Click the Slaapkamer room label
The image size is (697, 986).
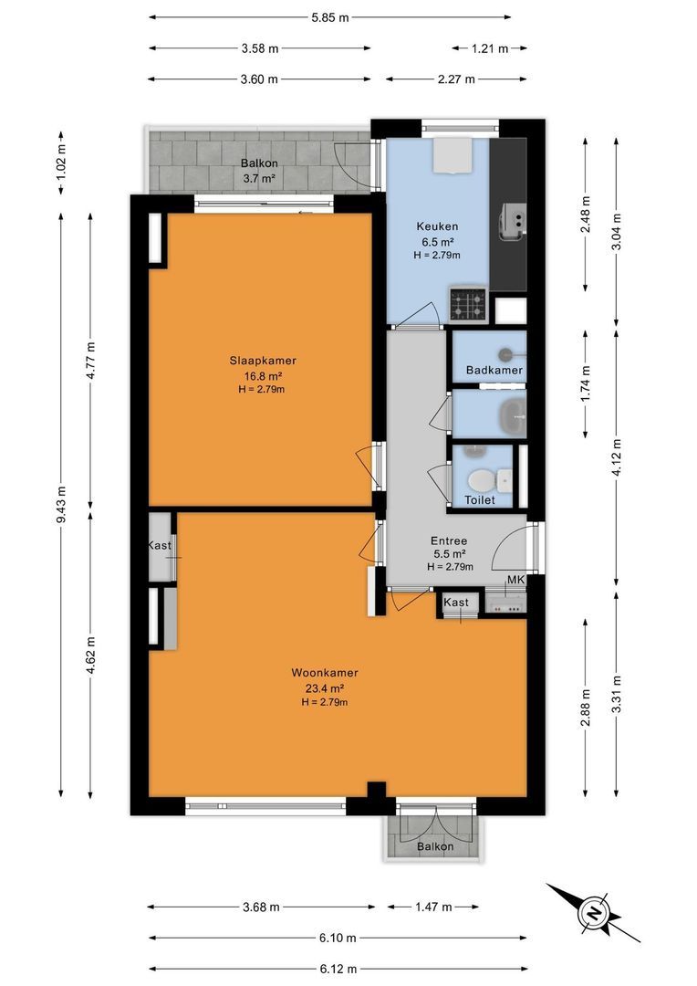tap(263, 361)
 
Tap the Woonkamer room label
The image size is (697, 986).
tap(324, 673)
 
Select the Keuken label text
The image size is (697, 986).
tap(437, 226)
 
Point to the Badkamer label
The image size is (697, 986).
tap(494, 370)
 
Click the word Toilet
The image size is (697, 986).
tap(480, 500)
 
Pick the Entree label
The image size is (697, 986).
tap(449, 540)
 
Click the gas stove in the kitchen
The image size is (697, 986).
tap(468, 305)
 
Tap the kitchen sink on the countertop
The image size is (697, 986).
tap(512, 222)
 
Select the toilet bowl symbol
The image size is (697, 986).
tap(482, 480)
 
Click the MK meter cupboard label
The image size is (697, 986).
tap(515, 580)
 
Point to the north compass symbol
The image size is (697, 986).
tap(592, 913)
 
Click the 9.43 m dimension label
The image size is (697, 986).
tap(61, 504)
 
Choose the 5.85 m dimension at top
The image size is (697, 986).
tap(330, 17)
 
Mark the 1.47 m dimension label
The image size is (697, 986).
tap(433, 907)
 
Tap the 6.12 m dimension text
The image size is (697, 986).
tap(338, 969)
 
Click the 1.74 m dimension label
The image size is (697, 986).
tap(586, 383)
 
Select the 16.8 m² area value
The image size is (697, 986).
tap(263, 376)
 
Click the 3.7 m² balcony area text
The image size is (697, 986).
tap(259, 178)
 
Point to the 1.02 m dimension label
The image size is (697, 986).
tap(61, 163)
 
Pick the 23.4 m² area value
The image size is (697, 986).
tap(324, 688)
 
